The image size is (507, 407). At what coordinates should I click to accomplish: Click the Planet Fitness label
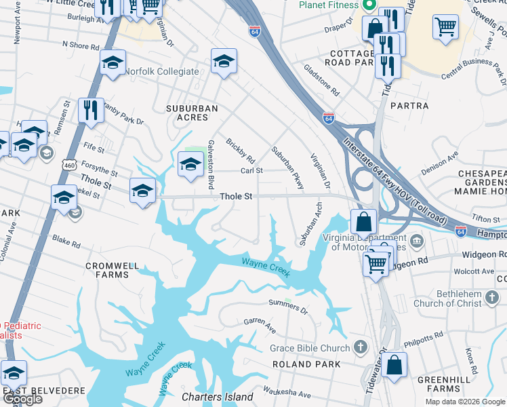click(x=328, y=5)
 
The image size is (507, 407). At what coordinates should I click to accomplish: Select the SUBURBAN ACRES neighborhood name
click(x=192, y=113)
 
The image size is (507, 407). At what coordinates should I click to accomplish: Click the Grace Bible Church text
click(x=309, y=348)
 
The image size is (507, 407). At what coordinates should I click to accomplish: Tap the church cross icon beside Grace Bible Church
click(x=360, y=348)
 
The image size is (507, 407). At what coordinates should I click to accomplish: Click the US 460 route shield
click(x=68, y=165)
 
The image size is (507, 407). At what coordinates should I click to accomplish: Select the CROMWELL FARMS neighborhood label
click(x=113, y=270)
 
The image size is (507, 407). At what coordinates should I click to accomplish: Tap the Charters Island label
click(x=217, y=397)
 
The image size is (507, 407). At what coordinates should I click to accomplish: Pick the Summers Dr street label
click(x=288, y=307)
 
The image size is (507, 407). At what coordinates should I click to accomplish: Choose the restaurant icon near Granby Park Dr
click(x=91, y=110)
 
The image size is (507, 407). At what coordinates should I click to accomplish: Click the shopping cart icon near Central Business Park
click(x=446, y=27)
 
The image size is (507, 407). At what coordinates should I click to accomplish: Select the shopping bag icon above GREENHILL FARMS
click(x=394, y=364)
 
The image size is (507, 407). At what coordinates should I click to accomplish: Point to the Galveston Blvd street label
click(x=211, y=163)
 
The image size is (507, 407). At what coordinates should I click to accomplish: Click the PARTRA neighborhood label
click(x=409, y=106)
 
